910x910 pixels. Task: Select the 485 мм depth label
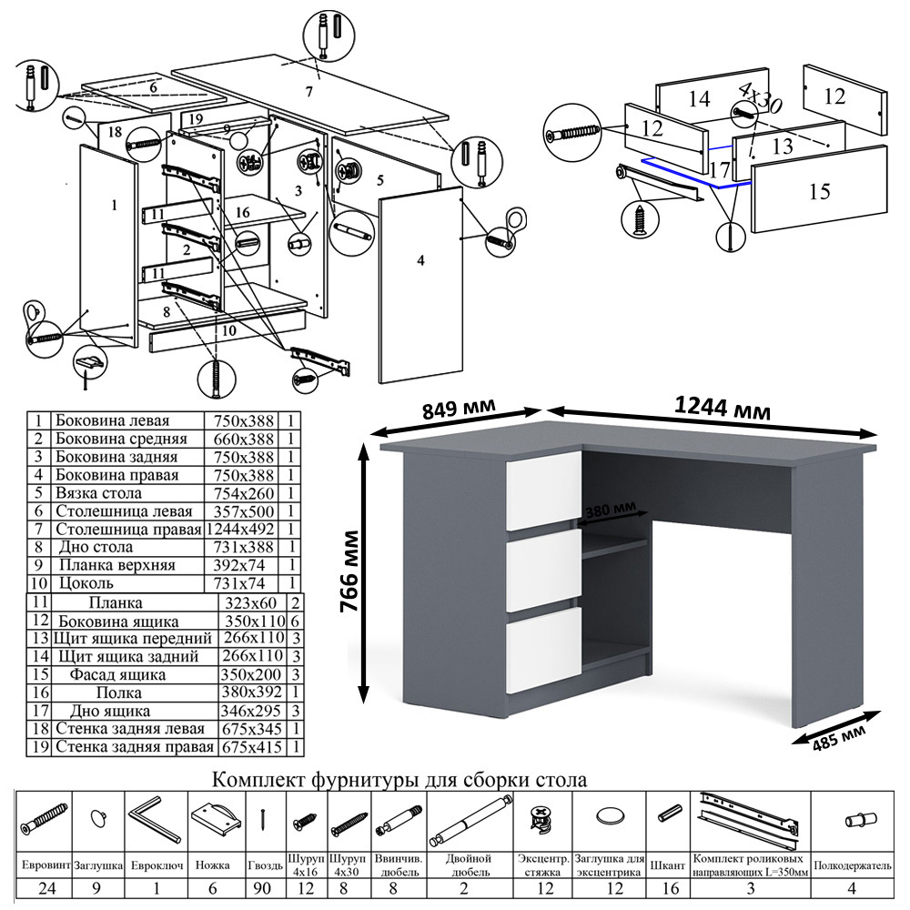[839, 734]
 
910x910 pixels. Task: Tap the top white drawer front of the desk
[543, 490]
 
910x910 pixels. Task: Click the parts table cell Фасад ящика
[122, 675]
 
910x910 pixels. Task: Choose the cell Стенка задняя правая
[134, 747]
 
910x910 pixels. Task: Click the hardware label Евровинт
[44, 860]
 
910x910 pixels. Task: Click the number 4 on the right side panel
[420, 261]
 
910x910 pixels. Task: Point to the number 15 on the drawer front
[819, 191]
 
